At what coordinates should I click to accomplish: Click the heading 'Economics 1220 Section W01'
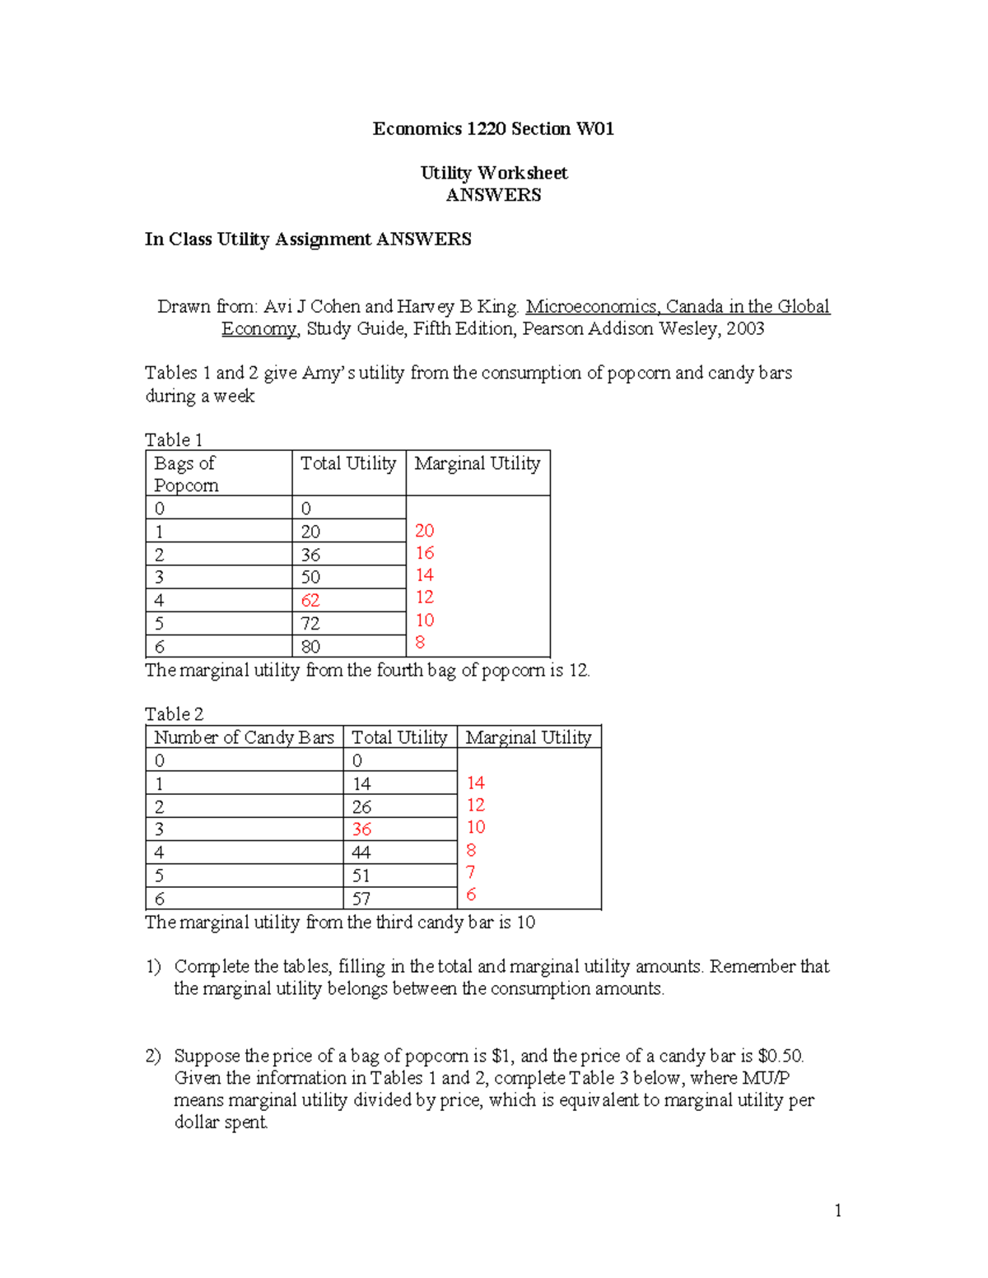493,129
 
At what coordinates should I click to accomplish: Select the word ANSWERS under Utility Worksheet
493,196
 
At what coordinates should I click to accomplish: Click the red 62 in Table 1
310,601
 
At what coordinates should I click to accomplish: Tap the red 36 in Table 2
361,830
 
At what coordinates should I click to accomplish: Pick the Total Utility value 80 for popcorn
310,647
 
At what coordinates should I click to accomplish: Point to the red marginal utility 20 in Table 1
424,531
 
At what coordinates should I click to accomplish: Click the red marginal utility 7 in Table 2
471,872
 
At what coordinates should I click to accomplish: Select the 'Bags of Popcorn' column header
186,474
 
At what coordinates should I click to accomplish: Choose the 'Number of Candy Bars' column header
244,737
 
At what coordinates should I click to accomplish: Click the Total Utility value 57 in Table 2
361,899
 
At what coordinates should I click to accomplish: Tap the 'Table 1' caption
174,440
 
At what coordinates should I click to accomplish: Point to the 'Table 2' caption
174,714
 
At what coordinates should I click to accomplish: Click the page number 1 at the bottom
837,1211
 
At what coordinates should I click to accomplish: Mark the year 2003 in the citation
745,329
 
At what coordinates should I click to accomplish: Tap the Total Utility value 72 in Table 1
310,624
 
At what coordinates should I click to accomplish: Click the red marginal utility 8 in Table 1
420,643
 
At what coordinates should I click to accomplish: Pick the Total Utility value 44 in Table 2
361,853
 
